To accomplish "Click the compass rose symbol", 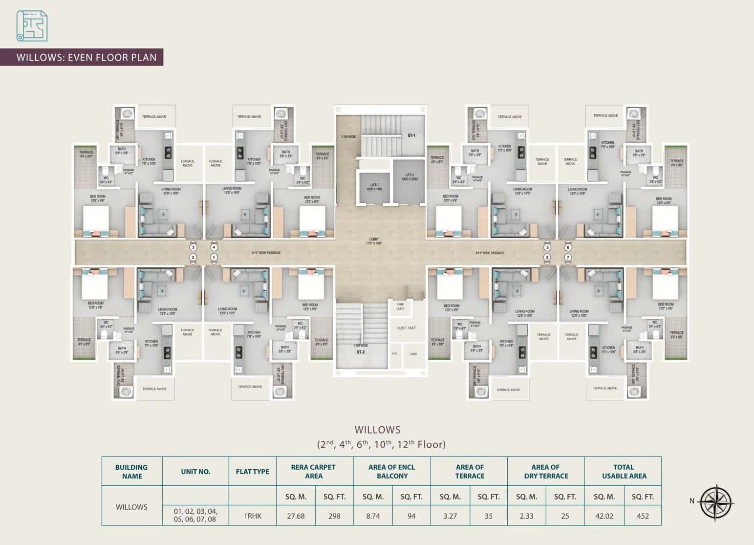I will click(716, 502).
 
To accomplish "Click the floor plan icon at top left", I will click(32, 26).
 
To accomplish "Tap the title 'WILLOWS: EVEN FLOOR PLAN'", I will click(86, 57).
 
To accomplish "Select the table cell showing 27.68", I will click(296, 516).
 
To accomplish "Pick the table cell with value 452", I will click(643, 516).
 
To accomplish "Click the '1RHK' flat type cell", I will click(253, 516).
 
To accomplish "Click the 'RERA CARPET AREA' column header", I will click(314, 471).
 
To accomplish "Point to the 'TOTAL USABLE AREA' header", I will click(624, 471).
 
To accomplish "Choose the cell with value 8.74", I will click(373, 516).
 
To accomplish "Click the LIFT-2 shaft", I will click(408, 181).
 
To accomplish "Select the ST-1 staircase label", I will click(411, 135).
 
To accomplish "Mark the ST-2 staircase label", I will click(360, 352).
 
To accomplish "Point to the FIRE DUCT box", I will click(400, 306).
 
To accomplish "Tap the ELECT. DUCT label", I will click(407, 328).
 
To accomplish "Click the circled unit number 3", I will click(193, 248).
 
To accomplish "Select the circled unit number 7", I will click(568, 257).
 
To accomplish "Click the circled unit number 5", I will click(547, 248).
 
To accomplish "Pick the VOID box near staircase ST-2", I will click(413, 354).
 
